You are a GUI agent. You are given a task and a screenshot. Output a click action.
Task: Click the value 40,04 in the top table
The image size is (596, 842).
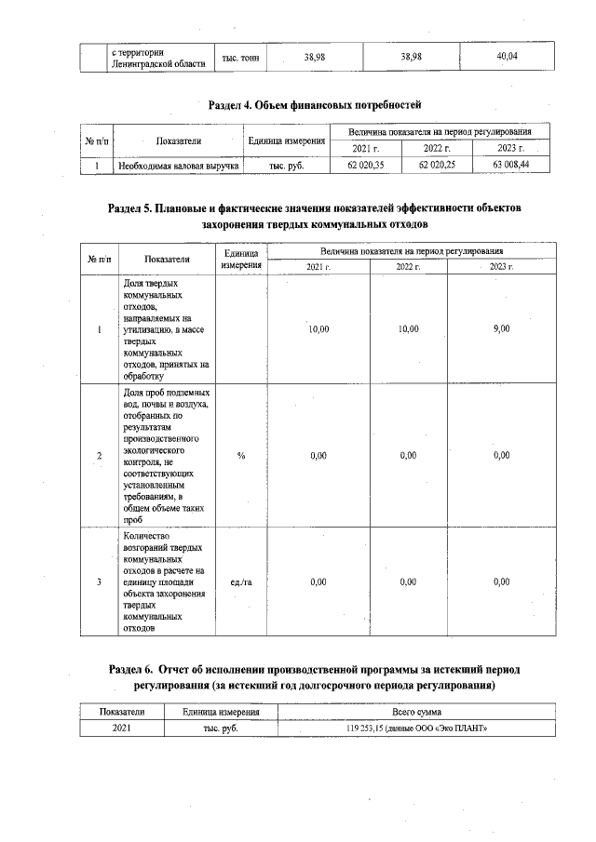pyautogui.click(x=507, y=58)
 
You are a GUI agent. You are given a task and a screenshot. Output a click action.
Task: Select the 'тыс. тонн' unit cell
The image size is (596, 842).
pyautogui.click(x=240, y=58)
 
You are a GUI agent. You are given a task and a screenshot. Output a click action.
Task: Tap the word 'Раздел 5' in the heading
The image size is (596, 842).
pyautogui.click(x=137, y=207)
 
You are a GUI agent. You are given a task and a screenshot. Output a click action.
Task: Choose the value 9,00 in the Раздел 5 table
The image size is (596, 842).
pyautogui.click(x=501, y=328)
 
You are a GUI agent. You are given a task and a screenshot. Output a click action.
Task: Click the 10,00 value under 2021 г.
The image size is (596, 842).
pyautogui.click(x=318, y=328)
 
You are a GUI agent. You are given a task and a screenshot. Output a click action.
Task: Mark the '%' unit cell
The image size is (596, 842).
pyautogui.click(x=241, y=454)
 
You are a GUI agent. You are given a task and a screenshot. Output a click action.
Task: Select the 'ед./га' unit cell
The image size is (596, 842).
pyautogui.click(x=241, y=581)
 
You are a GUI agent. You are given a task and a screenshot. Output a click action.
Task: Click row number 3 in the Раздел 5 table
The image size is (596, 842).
pyautogui.click(x=99, y=581)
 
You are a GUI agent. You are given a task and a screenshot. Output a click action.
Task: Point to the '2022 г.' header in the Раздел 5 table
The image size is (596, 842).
pyautogui.click(x=408, y=266)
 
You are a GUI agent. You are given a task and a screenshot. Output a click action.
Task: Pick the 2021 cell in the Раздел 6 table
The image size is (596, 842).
pyautogui.click(x=121, y=728)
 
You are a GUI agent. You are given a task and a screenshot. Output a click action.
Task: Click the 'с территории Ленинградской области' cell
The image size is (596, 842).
pyautogui.click(x=158, y=58)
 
